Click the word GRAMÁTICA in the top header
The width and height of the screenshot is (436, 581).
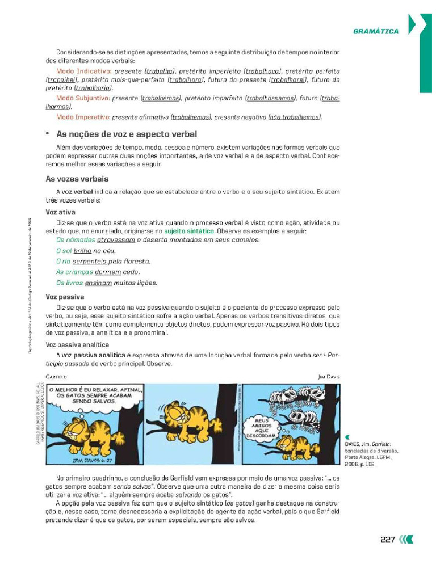[376, 31]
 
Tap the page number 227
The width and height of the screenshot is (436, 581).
[387, 540]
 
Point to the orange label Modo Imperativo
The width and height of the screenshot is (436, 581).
[83, 117]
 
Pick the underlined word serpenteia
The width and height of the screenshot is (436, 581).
[89, 262]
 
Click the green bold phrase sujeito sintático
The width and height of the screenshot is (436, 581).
[189, 231]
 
